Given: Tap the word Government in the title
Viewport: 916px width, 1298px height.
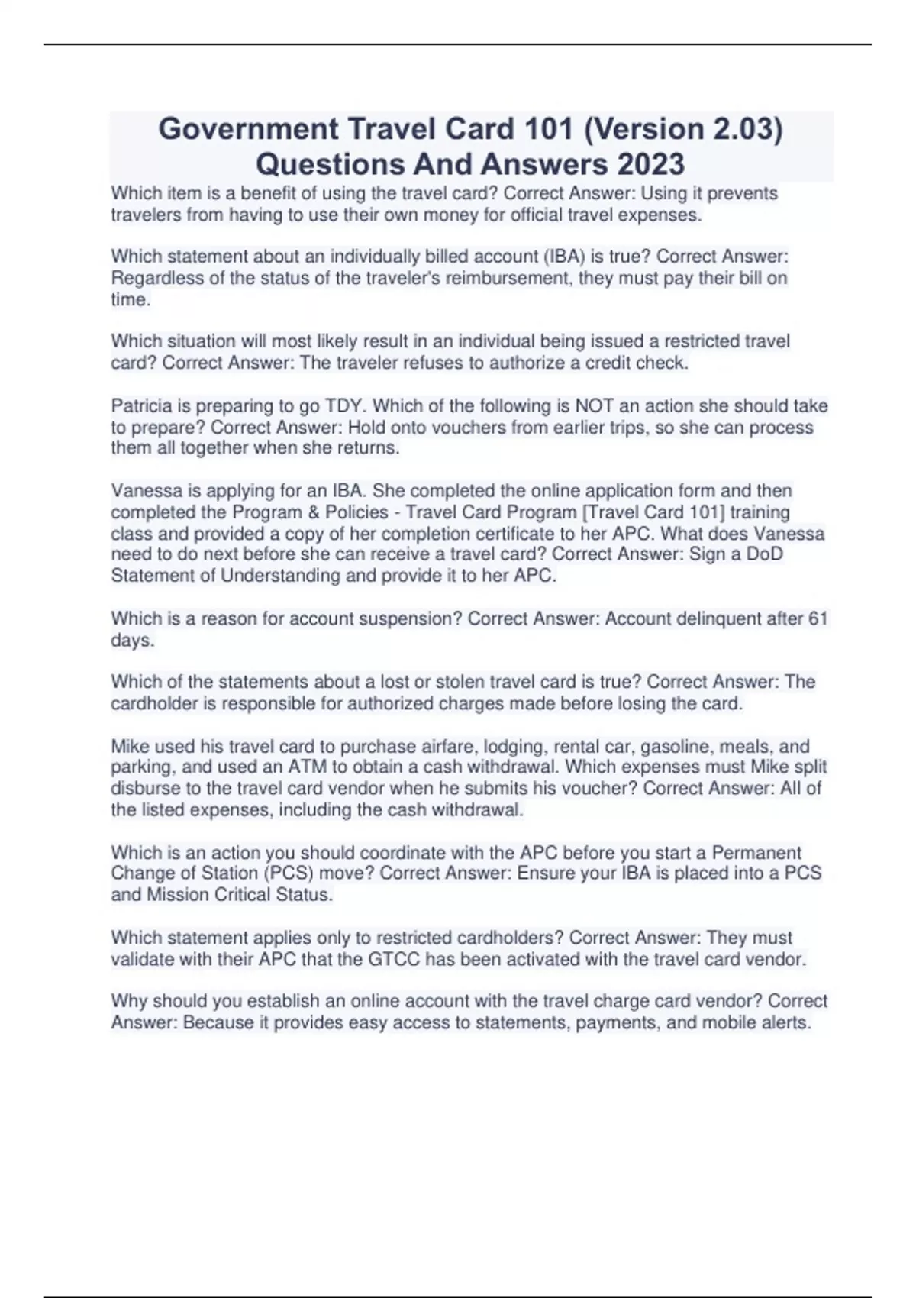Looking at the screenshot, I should (x=248, y=128).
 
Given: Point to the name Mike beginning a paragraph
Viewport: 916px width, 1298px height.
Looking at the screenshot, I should (x=131, y=746).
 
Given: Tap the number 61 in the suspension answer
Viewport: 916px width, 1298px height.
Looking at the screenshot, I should (x=817, y=618).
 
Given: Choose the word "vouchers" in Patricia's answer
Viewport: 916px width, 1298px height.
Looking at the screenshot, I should (x=469, y=427).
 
